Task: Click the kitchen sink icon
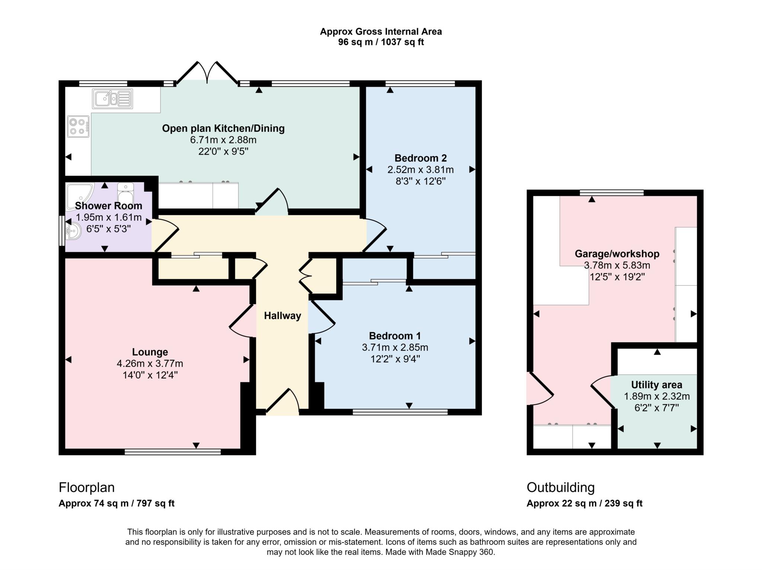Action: coord(112,99)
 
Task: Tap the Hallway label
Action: coord(282,316)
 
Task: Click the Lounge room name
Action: coord(150,352)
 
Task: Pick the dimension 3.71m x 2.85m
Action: coord(395,347)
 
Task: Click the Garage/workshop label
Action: coord(617,254)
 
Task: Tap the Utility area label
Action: coord(656,385)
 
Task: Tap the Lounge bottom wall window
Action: coord(173,452)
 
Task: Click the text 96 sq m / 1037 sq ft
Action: coord(381,42)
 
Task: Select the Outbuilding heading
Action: coord(560,487)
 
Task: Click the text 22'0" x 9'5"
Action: coord(223,152)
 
